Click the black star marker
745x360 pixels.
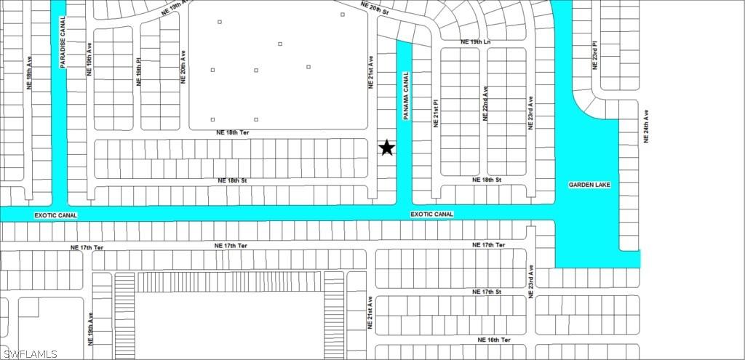click(x=387, y=148)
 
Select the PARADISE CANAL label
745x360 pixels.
click(x=63, y=43)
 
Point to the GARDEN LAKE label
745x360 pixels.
click(x=589, y=185)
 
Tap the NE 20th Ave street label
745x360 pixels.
click(x=183, y=67)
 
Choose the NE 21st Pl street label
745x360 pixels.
click(x=436, y=113)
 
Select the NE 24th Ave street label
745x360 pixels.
click(x=645, y=126)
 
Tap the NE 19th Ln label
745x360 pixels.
click(x=477, y=42)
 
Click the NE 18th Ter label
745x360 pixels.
click(x=233, y=133)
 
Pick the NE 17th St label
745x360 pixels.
click(x=487, y=292)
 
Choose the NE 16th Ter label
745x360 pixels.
click(x=494, y=340)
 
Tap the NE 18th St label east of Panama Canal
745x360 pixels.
click(x=487, y=179)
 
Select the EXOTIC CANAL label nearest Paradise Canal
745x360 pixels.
click(x=55, y=215)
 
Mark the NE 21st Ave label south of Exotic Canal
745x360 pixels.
click(x=370, y=313)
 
